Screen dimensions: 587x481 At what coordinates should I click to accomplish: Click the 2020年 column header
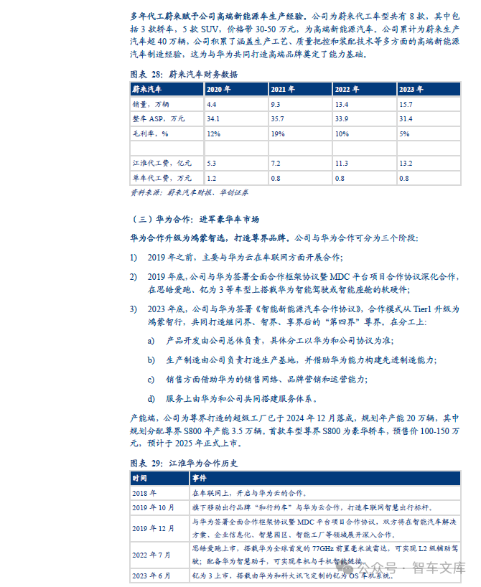coord(218,90)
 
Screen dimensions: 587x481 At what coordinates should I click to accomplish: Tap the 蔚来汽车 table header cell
coord(146,90)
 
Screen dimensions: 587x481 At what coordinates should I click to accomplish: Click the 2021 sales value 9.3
coord(276,104)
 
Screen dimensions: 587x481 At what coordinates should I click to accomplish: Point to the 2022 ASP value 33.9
coord(342,118)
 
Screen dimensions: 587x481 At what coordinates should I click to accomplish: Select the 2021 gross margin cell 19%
coord(276,133)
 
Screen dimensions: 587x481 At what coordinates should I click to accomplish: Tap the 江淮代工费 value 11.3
coord(342,163)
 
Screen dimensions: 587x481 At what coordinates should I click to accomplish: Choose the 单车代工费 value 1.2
coord(212,178)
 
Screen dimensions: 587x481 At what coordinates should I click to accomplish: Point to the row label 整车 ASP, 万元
coord(158,118)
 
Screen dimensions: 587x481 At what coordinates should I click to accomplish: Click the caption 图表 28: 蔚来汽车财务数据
coord(183,74)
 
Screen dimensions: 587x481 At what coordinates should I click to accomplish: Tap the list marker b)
coord(151,360)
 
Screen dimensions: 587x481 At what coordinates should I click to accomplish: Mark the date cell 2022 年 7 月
coord(153,554)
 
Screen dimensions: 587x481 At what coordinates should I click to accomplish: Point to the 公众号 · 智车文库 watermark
coord(412,568)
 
